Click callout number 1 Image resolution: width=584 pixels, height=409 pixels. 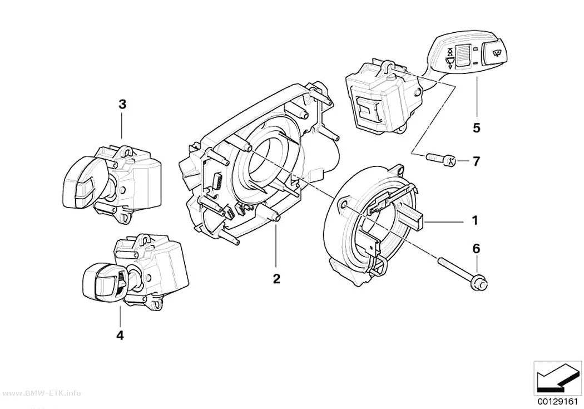[474, 221]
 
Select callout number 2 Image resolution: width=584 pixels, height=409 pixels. [276, 278]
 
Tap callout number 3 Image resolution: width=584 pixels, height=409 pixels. [122, 104]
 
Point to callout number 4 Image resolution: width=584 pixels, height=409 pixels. [120, 335]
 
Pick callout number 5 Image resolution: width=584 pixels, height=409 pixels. [477, 128]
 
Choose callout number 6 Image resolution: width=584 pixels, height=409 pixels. [477, 248]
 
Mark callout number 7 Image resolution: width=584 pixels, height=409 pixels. [476, 161]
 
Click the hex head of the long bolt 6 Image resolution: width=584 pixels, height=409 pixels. [482, 284]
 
